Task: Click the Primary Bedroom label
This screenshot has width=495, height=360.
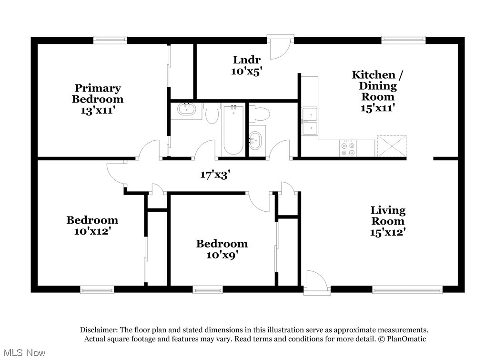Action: click(x=98, y=93)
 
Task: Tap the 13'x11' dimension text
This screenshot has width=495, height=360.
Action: click(x=98, y=110)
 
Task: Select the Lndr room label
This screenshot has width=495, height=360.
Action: click(x=247, y=60)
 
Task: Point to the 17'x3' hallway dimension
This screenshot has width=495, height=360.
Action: click(x=215, y=175)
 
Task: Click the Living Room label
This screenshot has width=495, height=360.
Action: click(x=388, y=216)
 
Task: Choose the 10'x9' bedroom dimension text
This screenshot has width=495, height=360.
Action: click(x=222, y=255)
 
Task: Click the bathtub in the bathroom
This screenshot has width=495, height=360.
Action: click(x=233, y=129)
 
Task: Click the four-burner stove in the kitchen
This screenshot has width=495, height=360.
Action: click(x=348, y=148)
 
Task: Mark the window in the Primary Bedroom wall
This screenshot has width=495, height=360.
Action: click(x=110, y=41)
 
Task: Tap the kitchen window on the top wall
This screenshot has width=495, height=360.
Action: click(x=403, y=41)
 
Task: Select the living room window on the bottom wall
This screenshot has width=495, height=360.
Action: click(x=407, y=289)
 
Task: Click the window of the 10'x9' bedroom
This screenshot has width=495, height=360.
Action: click(x=207, y=289)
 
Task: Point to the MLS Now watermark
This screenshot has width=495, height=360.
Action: click(x=23, y=353)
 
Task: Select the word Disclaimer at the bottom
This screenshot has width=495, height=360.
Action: click(x=98, y=330)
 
